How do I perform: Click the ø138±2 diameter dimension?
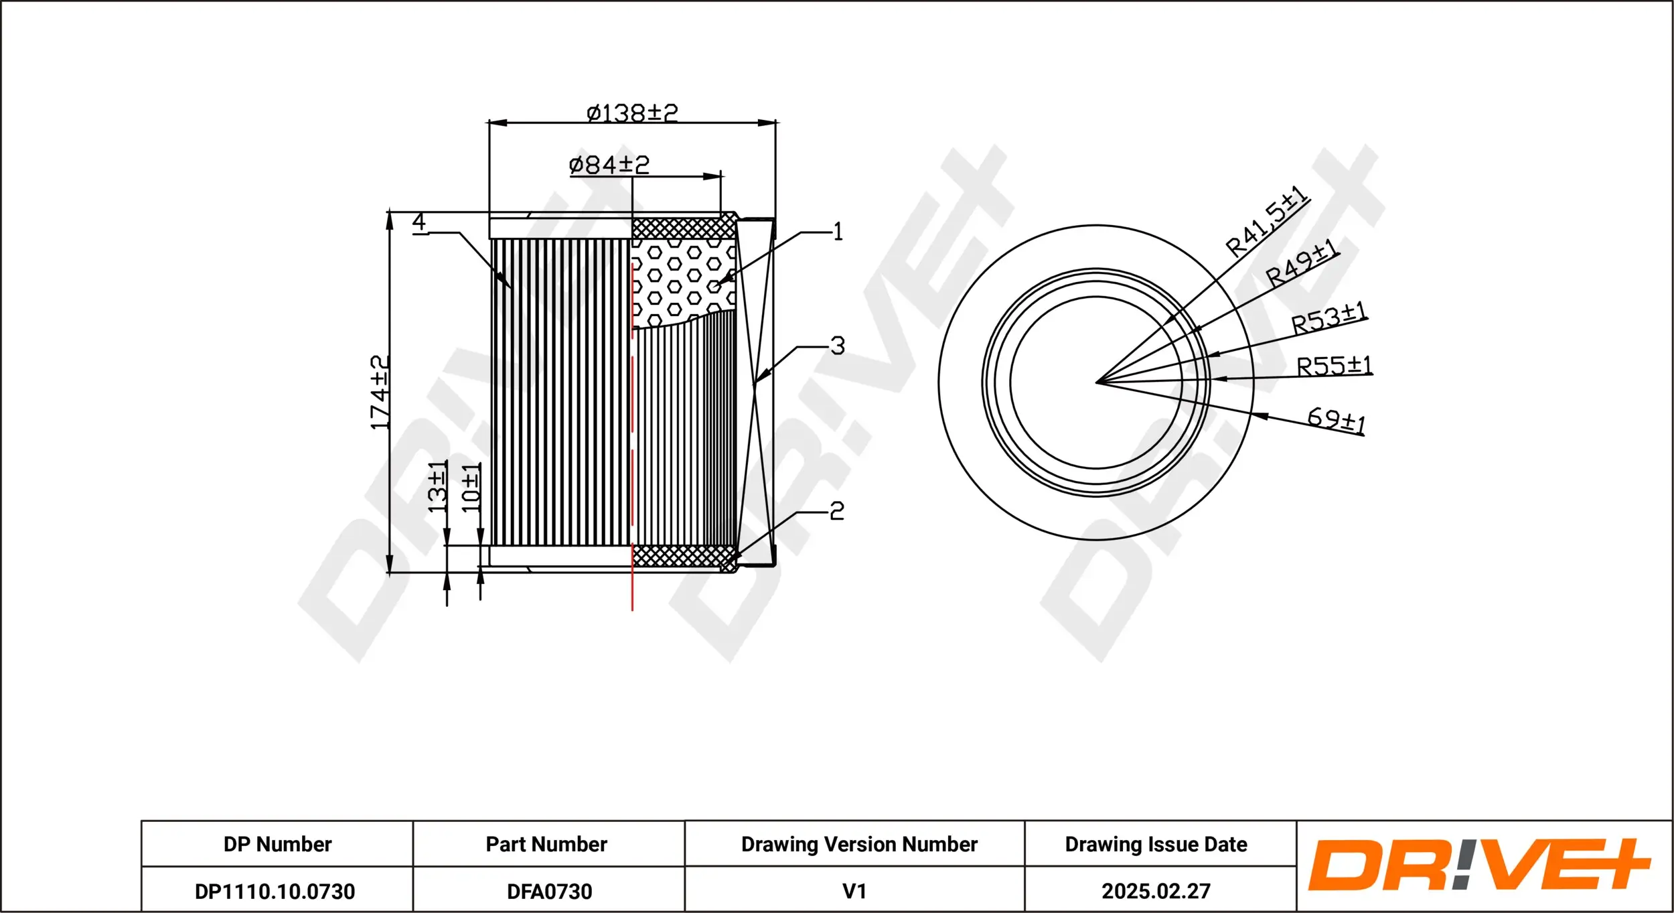632,113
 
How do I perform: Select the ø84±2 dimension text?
609,164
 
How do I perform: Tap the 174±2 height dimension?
380,393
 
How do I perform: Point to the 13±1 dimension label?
437,487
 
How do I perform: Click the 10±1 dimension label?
471,488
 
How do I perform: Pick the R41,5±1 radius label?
1266,221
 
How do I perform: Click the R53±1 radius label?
1328,318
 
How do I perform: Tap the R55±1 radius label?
1334,366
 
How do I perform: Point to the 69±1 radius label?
1337,420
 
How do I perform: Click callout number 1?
837,232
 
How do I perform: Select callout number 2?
837,512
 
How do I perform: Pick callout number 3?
837,346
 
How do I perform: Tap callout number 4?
419,221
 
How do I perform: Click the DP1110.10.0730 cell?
275,892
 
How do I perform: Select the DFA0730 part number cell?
549,892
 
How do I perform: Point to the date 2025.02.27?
1156,892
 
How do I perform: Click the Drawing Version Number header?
859,844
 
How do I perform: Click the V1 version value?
854,892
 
